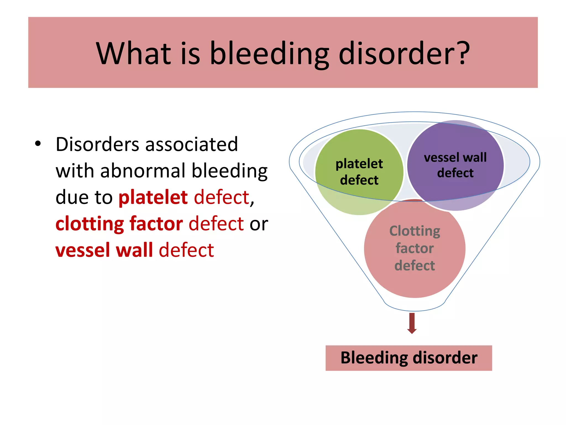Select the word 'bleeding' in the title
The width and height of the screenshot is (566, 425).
coord(269,54)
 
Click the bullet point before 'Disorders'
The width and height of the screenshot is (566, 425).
coord(38,144)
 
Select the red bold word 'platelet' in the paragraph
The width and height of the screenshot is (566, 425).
coord(153,197)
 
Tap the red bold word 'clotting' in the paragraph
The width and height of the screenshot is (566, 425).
coord(90,224)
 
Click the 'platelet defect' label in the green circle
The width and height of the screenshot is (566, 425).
coord(359,172)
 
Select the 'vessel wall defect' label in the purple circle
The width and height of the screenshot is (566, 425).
coord(455,165)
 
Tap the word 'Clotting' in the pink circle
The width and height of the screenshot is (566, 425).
coord(415,231)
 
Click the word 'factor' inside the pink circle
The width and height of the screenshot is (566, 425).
coord(415,248)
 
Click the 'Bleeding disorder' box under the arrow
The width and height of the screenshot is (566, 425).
coord(408,358)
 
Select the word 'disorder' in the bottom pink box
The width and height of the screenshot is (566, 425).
coord(445,357)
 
